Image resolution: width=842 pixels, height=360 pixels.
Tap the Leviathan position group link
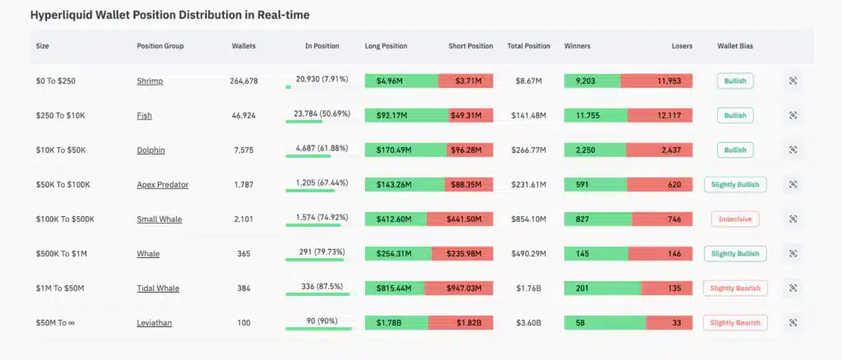point(155,323)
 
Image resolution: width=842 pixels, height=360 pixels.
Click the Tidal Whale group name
point(158,288)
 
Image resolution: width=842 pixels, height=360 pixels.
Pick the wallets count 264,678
point(244,81)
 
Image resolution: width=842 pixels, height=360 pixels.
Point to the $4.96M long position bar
point(401,81)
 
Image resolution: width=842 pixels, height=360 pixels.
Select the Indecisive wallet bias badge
point(735,219)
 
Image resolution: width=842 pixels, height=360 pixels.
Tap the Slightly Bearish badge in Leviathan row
point(735,323)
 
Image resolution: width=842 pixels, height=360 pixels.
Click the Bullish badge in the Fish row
point(735,116)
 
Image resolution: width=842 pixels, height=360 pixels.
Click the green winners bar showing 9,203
point(592,81)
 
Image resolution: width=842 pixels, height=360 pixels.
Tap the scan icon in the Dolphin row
point(793,150)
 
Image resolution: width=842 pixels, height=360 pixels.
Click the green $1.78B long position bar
point(399,323)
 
